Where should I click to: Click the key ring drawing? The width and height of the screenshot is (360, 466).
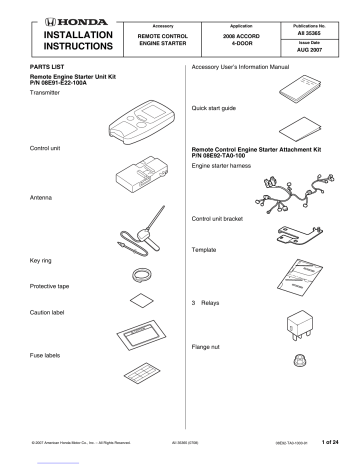coord(142,276)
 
